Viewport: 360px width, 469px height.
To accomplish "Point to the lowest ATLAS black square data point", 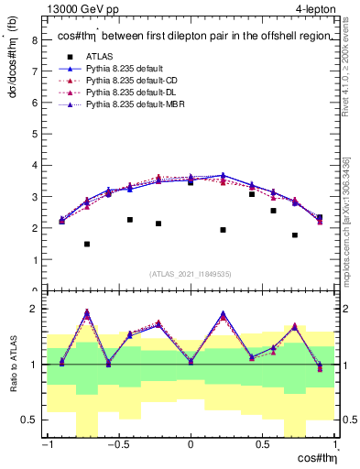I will (87, 244).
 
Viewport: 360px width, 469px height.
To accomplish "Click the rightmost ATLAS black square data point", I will (319, 217).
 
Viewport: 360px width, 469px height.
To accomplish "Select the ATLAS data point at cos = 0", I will (191, 182).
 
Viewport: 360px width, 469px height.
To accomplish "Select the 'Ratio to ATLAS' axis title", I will (12, 365).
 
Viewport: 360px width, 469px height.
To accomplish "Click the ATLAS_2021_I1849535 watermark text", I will (191, 274).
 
